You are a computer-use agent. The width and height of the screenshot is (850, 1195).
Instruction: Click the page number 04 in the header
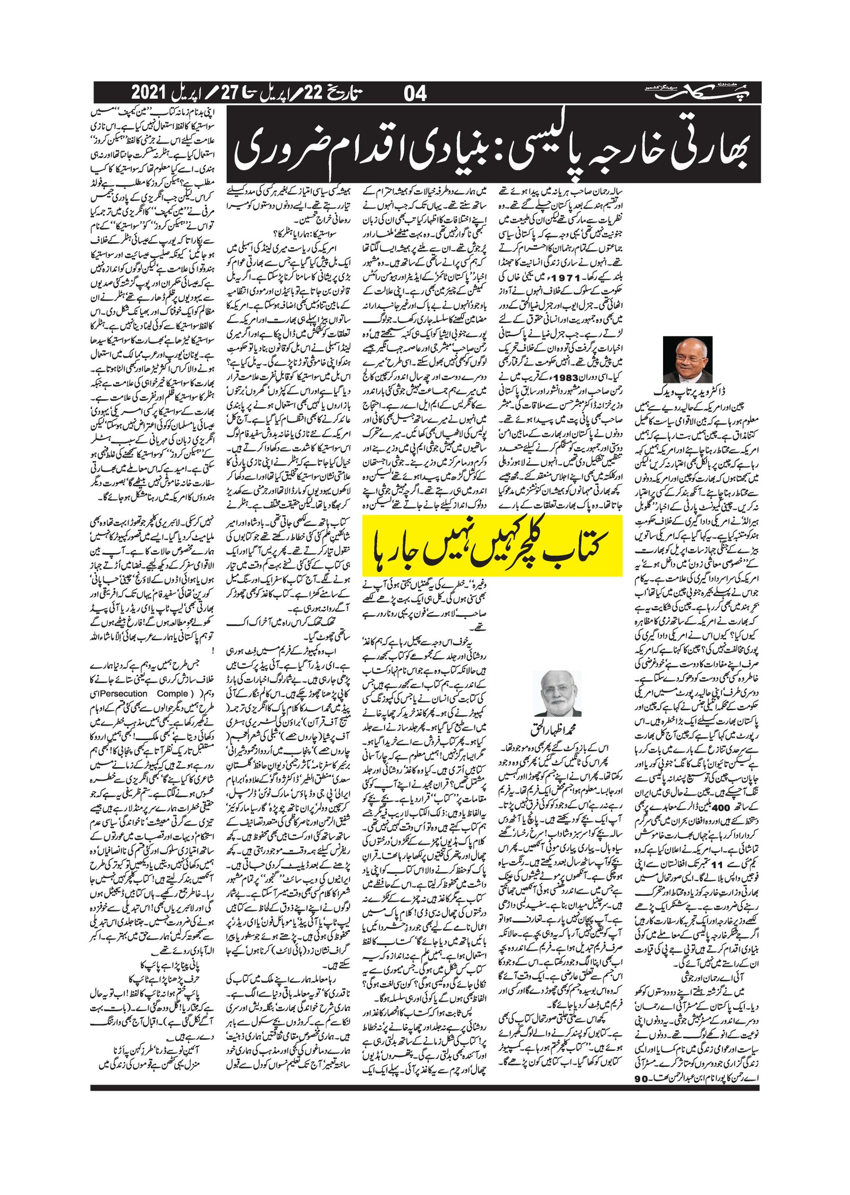415,94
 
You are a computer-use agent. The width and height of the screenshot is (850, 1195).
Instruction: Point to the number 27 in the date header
228,93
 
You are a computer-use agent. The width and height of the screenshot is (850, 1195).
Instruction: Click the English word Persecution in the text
123,693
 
